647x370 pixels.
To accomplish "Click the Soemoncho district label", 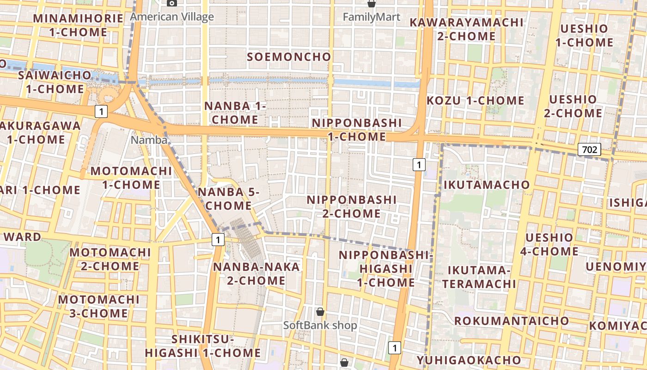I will point(289,57).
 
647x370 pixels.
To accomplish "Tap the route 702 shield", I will point(589,149).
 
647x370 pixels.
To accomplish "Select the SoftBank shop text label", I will point(320,325).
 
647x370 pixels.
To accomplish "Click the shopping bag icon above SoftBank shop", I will point(320,312).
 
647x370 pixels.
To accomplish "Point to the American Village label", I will point(172,17).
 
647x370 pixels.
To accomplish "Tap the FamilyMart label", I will point(371,17).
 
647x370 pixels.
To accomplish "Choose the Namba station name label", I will point(149,140).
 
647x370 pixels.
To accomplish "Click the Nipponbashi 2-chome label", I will point(352,207).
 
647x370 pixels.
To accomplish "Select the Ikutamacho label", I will point(487,185).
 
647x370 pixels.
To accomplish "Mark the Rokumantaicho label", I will point(512,321).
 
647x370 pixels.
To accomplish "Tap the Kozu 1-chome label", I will point(475,100).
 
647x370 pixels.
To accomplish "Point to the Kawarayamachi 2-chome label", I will point(466,29).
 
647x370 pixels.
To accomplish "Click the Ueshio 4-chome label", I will point(549,245).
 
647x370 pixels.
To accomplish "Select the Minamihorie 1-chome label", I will point(78,25).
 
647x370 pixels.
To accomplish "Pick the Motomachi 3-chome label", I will point(98,306).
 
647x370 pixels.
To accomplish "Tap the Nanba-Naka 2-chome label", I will point(256,273).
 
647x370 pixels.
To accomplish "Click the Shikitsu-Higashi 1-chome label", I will point(203,346).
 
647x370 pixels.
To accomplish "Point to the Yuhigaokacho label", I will point(469,360).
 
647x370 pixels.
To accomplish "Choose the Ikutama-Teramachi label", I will point(482,277).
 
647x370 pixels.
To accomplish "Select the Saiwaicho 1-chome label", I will point(55,82).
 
